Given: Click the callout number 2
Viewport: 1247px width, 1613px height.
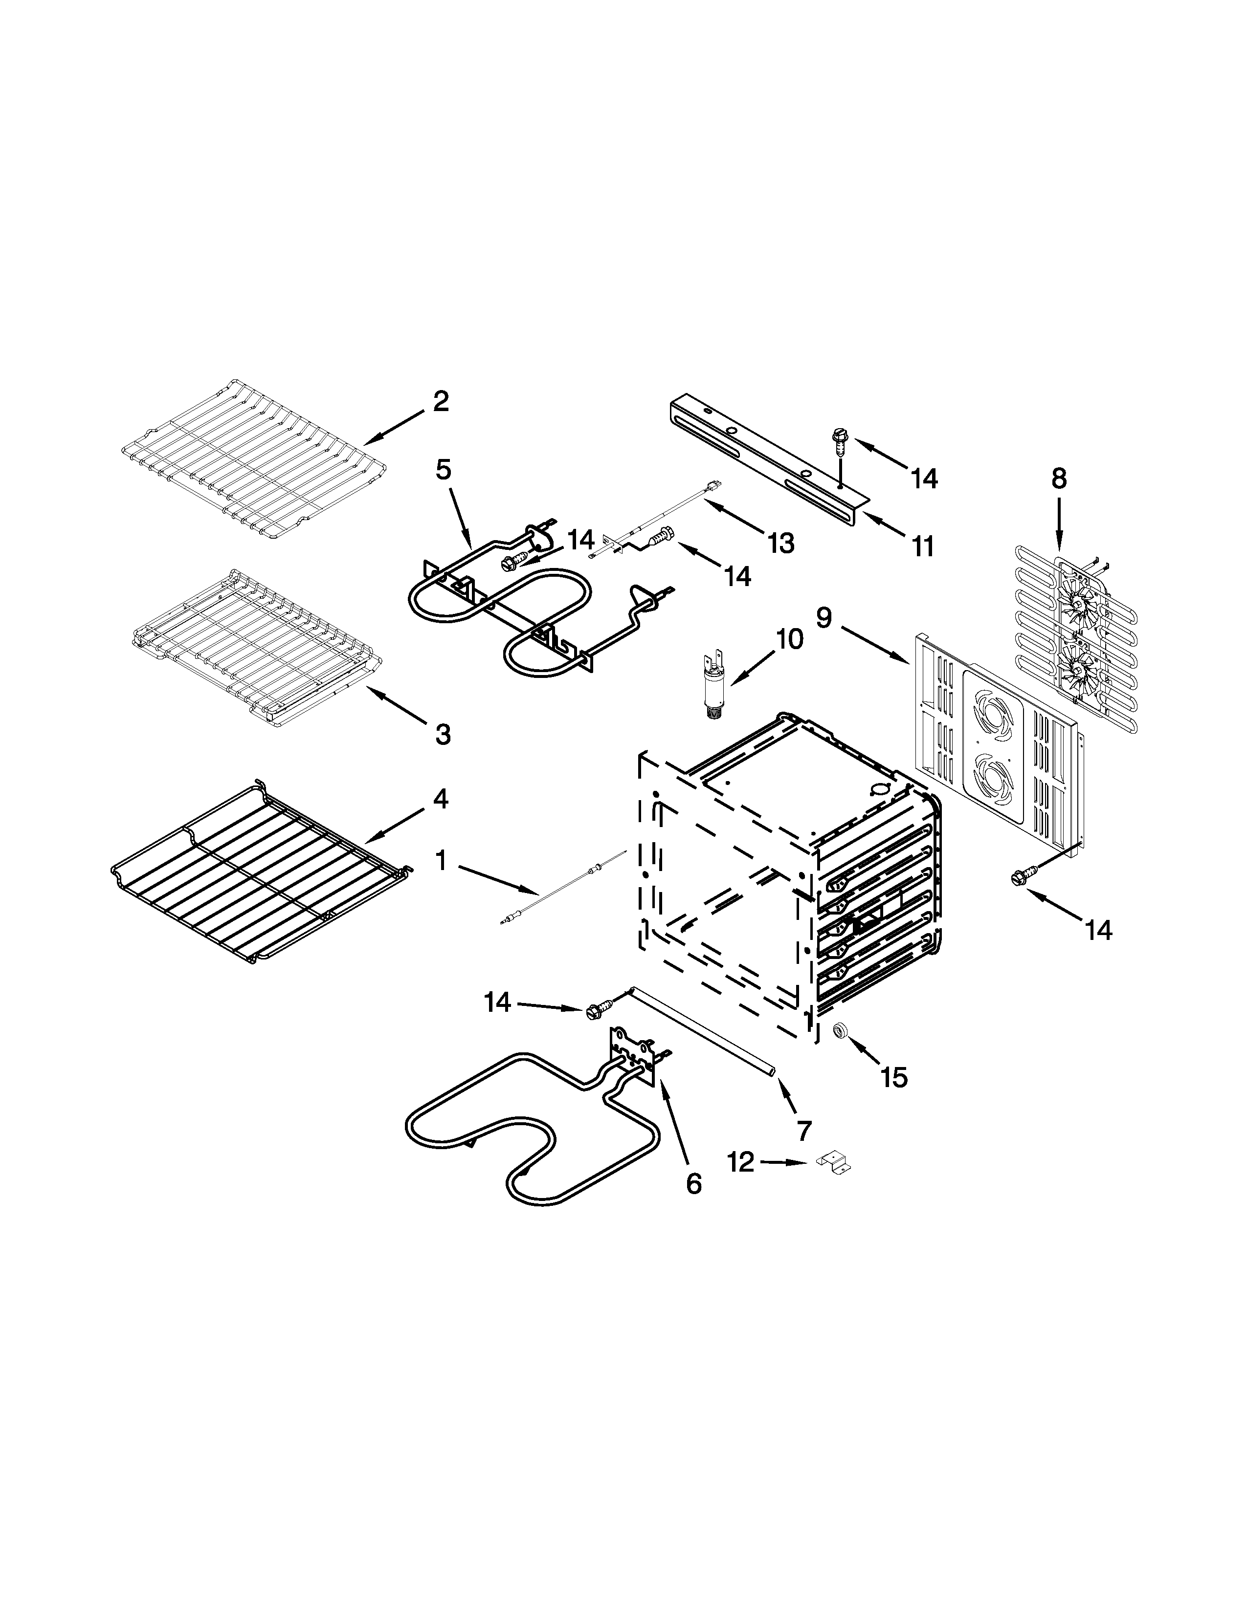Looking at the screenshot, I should tap(440, 402).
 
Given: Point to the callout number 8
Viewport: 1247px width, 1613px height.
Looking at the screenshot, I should tap(1059, 480).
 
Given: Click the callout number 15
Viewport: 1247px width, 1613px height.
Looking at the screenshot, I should tap(894, 1078).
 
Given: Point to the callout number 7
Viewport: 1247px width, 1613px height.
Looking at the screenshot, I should tap(804, 1131).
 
